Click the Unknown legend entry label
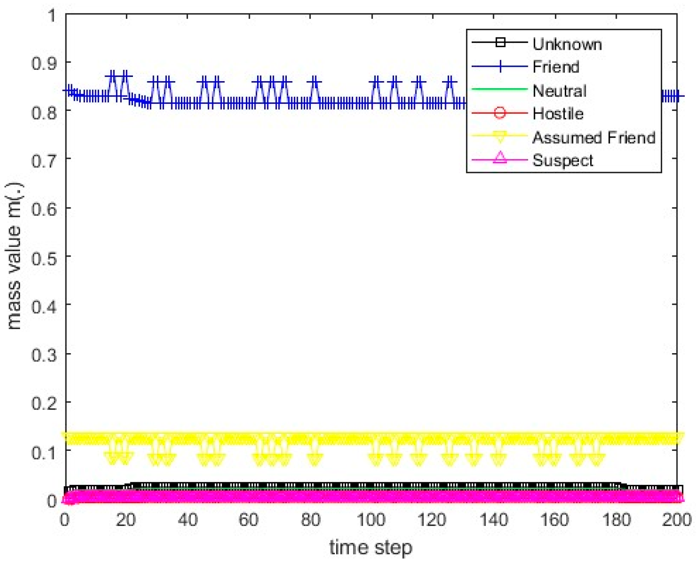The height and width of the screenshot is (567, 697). tap(567, 44)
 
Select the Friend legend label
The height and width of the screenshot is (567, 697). tap(556, 67)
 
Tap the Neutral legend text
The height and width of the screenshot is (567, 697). tap(559, 90)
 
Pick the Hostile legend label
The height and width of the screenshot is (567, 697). tap(558, 113)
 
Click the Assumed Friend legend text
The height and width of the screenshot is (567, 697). tap(594, 137)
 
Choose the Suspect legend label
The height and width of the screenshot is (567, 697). tap(563, 160)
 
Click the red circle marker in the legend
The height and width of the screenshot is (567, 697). tap(500, 113)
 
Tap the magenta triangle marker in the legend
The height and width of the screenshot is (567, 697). tap(500, 158)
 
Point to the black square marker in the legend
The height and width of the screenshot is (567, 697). tap(500, 42)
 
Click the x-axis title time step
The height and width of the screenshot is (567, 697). tap(371, 547)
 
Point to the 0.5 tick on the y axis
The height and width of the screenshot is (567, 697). tap(44, 258)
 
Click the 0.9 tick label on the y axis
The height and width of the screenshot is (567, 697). tap(44, 64)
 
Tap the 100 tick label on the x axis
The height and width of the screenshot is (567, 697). tap(371, 520)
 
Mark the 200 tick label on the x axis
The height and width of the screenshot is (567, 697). tap(677, 520)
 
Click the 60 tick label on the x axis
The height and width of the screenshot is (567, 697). tap(248, 520)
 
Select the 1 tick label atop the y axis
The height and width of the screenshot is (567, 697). tap(52, 16)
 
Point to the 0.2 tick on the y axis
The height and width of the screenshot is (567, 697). tap(44, 403)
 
